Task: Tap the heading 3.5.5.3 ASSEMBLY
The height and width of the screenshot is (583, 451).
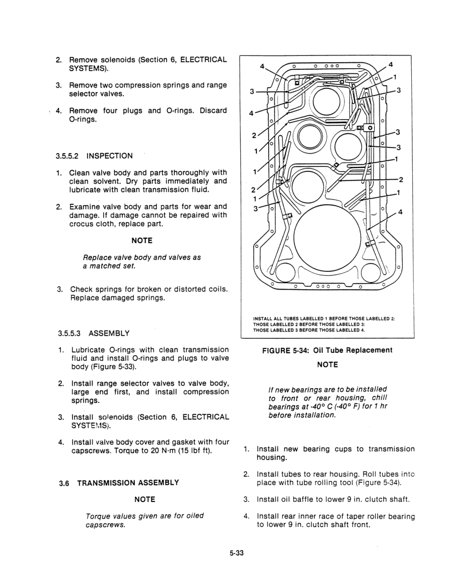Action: click(x=93, y=333)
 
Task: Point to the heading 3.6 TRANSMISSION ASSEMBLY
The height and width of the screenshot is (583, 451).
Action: click(x=118, y=482)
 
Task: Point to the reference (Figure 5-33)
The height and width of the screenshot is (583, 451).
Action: click(x=114, y=367)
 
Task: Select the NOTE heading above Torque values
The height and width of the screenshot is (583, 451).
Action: click(x=144, y=499)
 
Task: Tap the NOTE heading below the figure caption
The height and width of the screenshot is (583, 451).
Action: click(x=327, y=365)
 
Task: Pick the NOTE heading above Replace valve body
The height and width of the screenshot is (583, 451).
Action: click(x=142, y=240)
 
